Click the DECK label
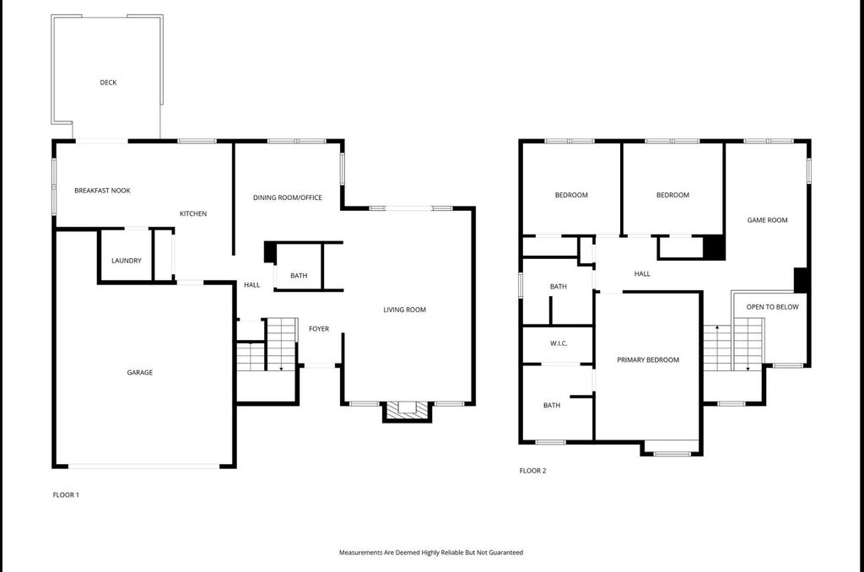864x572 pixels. [x=108, y=83]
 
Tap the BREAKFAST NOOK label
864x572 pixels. [x=102, y=191]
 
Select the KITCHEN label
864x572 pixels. [x=193, y=213]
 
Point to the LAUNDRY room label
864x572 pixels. [x=127, y=261]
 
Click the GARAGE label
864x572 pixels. [x=140, y=373]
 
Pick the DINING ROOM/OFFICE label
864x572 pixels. [x=288, y=197]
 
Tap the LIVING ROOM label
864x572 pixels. [x=405, y=310]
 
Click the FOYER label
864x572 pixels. [x=319, y=329]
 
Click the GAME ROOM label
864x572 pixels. [x=768, y=220]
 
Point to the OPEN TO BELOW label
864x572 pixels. [x=773, y=307]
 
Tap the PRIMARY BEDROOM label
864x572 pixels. [x=648, y=360]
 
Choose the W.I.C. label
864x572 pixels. [x=559, y=343]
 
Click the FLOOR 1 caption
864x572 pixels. [x=66, y=495]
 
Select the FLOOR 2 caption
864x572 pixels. [x=533, y=471]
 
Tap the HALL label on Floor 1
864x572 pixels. [x=251, y=285]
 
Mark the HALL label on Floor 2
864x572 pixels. [x=642, y=273]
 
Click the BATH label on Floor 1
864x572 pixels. [x=299, y=276]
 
